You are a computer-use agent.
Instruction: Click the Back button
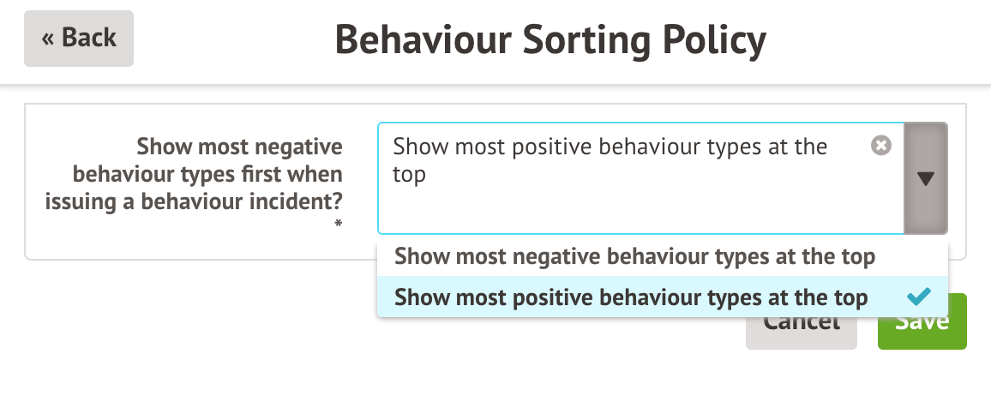coord(79,39)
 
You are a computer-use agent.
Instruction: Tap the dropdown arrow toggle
coord(926,178)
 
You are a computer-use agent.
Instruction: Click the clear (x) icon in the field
coord(880,146)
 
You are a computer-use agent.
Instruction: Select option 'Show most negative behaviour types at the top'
coord(634,256)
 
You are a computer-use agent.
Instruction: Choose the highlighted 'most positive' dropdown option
coord(631,297)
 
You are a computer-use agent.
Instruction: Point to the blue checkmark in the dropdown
coord(918,297)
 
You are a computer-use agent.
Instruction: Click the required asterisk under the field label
coord(339,225)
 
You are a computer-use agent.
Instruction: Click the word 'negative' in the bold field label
coord(301,147)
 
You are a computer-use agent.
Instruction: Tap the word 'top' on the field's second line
coord(409,175)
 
